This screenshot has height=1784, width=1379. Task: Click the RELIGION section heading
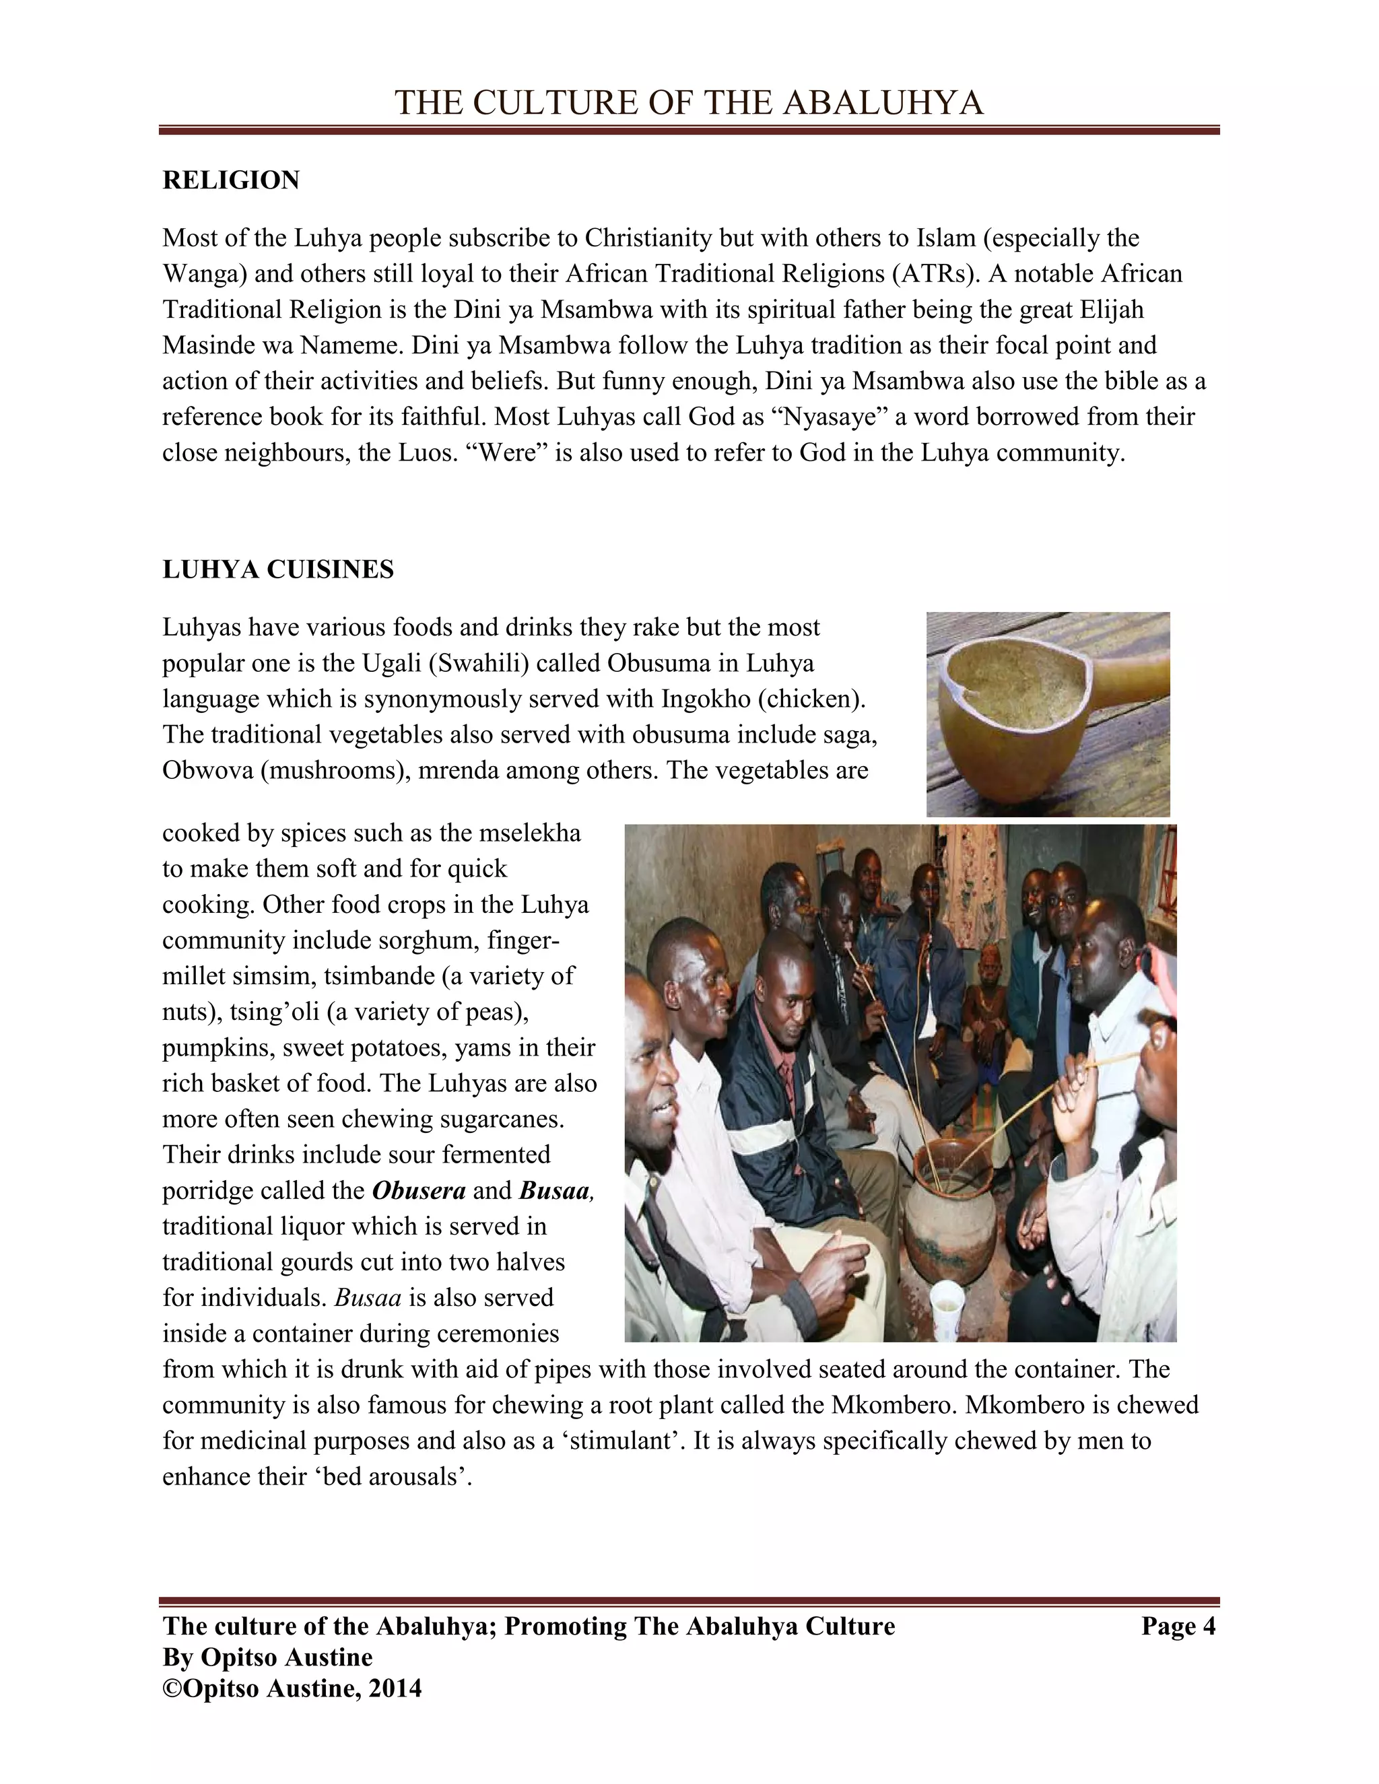coord(231,180)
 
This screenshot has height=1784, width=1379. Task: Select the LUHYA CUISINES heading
coord(278,570)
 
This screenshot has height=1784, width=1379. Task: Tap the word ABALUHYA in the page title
coord(883,103)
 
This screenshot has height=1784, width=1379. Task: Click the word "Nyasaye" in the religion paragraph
coord(828,417)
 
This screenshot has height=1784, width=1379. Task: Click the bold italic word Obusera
coord(418,1191)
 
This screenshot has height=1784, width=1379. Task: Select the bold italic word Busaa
coord(554,1191)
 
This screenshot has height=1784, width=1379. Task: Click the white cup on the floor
coord(946,1304)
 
